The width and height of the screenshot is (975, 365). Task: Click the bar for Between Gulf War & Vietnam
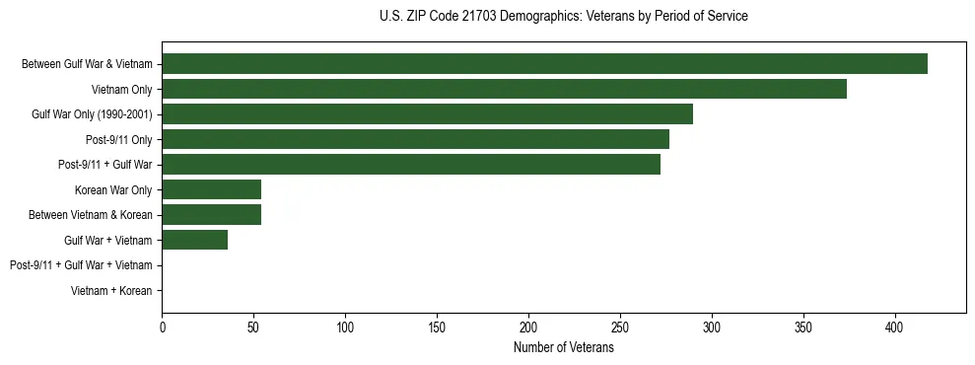tap(544, 64)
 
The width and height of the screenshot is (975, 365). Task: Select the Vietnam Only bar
tap(504, 89)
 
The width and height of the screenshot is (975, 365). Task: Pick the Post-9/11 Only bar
tap(415, 139)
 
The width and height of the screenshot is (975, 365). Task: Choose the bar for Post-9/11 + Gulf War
tap(411, 165)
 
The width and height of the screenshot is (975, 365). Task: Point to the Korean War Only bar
tap(211, 189)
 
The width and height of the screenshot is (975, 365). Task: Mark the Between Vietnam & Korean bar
tap(211, 215)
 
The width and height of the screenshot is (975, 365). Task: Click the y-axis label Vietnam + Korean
tap(111, 291)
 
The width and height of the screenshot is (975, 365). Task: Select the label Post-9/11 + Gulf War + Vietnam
tap(81, 265)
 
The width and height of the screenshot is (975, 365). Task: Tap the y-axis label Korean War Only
tap(113, 190)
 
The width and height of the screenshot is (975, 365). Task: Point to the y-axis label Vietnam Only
tap(122, 90)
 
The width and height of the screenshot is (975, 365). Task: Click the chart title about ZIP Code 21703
tap(563, 17)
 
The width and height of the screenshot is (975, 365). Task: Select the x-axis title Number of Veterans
tap(563, 348)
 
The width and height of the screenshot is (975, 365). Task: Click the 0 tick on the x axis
tap(162, 328)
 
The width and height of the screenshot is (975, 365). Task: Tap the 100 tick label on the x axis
tap(345, 328)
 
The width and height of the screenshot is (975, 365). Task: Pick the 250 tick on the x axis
tap(620, 328)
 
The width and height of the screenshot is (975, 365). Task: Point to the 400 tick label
tap(895, 328)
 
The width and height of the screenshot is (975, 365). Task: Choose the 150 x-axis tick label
tap(437, 328)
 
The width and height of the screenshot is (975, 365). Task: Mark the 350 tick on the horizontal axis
tap(803, 328)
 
